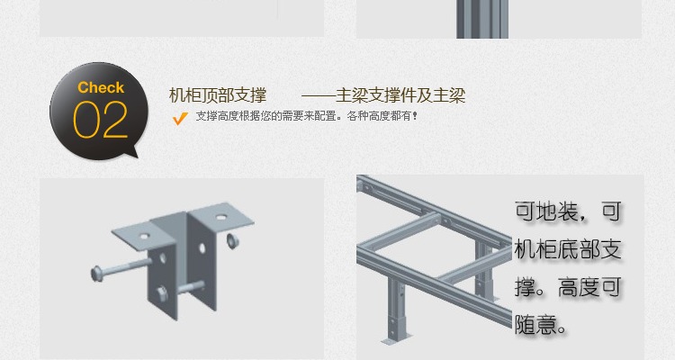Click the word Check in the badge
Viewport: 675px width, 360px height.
tap(101, 87)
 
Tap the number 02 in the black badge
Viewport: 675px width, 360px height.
tap(100, 120)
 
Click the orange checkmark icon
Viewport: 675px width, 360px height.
tap(180, 118)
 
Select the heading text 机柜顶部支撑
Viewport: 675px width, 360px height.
tap(218, 95)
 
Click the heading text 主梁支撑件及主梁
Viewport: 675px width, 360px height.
tap(400, 95)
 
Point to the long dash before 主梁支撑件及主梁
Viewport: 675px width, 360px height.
tap(318, 95)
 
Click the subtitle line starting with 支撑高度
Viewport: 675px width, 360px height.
tap(307, 116)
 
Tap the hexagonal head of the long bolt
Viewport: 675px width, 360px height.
tap(96, 274)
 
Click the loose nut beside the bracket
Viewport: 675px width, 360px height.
tap(231, 240)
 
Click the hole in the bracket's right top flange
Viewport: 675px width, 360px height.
tap(220, 218)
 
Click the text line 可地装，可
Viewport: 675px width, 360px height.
tap(568, 211)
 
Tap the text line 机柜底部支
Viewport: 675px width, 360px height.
tap(568, 249)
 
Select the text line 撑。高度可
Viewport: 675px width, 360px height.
tap(568, 287)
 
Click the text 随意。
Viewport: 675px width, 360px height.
tap(541, 325)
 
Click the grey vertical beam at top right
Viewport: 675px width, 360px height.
tap(482, 19)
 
